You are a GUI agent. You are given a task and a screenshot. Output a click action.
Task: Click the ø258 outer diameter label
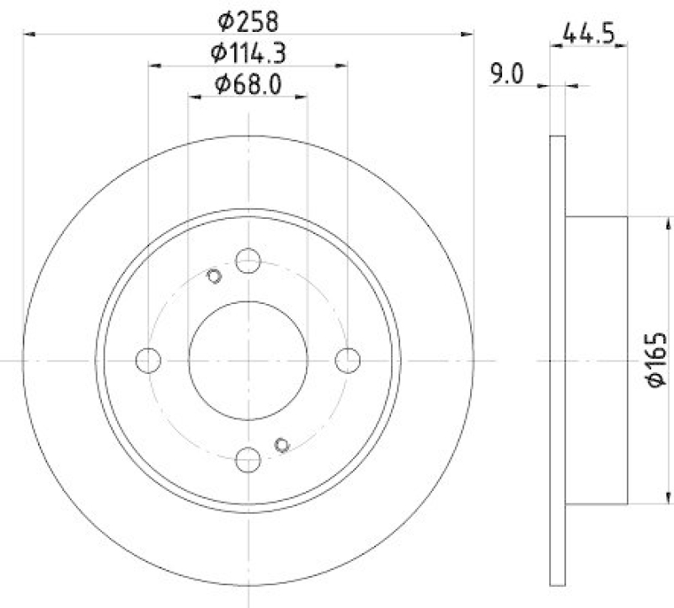(248, 19)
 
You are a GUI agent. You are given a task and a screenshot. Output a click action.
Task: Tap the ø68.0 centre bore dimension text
(248, 84)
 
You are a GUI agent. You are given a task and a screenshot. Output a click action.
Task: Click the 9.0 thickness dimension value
(506, 75)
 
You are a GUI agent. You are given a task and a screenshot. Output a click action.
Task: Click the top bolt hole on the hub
(248, 261)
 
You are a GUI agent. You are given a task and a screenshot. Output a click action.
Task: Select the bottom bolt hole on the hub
(248, 459)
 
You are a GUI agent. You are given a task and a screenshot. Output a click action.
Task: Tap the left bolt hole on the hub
(148, 360)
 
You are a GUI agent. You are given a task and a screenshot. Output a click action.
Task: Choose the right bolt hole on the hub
(347, 360)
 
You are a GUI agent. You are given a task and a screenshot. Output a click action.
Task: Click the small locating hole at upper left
(213, 275)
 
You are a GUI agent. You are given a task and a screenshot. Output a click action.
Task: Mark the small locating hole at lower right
(282, 445)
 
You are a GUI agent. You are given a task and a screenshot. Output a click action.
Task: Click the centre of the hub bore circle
(248, 360)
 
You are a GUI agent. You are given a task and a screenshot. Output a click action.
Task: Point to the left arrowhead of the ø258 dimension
(29, 34)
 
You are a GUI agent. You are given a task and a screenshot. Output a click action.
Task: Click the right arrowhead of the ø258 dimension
(468, 34)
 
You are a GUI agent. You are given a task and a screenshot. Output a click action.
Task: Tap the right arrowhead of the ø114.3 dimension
(341, 66)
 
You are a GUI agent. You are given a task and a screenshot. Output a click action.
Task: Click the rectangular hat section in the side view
(596, 360)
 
